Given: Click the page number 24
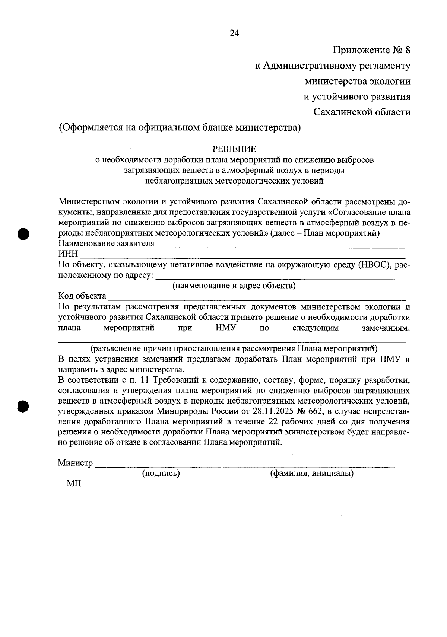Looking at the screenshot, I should point(234,34).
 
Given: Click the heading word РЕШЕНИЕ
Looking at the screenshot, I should point(234,149).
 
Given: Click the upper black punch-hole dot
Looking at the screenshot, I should point(23,233).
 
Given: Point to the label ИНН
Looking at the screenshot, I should point(68,254).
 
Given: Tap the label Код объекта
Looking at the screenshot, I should point(82,296).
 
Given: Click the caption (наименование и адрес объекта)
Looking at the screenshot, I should point(234,286).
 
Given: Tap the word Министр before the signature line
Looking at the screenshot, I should point(75,463).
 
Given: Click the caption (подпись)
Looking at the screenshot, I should point(161,473).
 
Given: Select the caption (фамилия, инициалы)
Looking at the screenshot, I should point(311,473).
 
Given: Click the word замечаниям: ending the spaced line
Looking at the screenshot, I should point(386,328).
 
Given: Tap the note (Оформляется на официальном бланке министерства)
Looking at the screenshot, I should point(180,128).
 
